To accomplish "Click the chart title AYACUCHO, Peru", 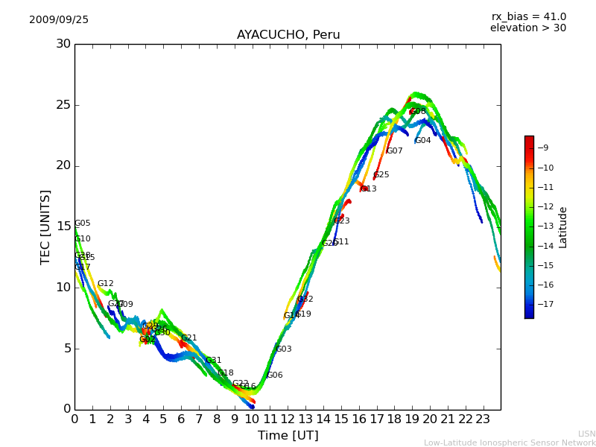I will pyautogui.click(x=288, y=35).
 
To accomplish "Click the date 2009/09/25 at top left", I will pyautogui.click(x=59, y=20).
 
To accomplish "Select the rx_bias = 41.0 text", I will pyautogui.click(x=528, y=17).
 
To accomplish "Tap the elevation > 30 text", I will pyautogui.click(x=527, y=28).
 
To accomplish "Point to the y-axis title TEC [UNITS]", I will pyautogui.click(x=46, y=226).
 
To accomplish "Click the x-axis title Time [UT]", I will pyautogui.click(x=288, y=436).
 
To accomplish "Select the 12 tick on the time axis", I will pyautogui.click(x=288, y=419).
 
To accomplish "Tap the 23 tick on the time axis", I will pyautogui.click(x=483, y=419).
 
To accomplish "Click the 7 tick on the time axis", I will pyautogui.click(x=199, y=419).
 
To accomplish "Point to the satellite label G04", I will pyautogui.click(x=423, y=141).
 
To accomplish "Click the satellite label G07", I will pyautogui.click(x=395, y=151).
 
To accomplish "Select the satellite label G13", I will pyautogui.click(x=369, y=189).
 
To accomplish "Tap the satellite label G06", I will pyautogui.click(x=275, y=375).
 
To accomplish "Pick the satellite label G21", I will pyautogui.click(x=189, y=338).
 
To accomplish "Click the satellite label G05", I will pyautogui.click(x=83, y=223).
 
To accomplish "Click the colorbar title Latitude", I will pyautogui.click(x=563, y=227).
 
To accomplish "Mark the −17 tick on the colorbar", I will pyautogui.click(x=545, y=305).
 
